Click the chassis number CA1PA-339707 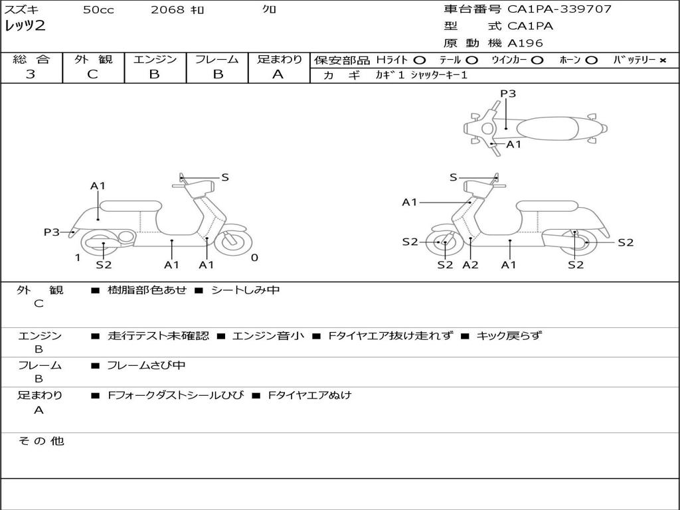(559, 9)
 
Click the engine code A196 (525, 43)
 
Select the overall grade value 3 (31, 74)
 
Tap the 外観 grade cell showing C (93, 74)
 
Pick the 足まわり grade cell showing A (278, 74)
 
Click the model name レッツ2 (25, 27)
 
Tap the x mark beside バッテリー (662, 60)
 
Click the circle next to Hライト (420, 60)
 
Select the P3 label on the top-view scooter (508, 94)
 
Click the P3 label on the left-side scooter (52, 232)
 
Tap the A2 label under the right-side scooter (470, 265)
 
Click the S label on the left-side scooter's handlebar (225, 177)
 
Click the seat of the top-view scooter (545, 127)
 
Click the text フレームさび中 (146, 365)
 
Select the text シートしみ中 (245, 290)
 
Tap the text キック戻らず (509, 336)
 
